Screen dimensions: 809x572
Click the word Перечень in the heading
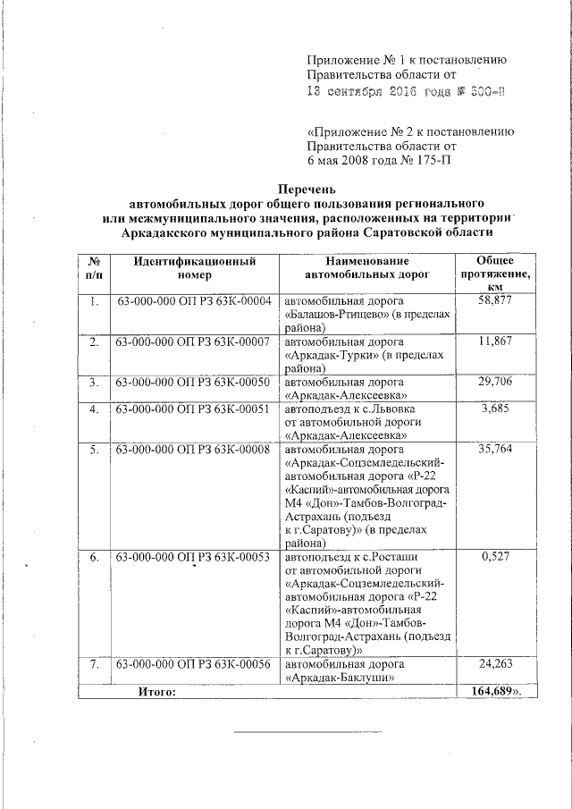click(307, 189)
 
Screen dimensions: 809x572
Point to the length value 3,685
click(495, 409)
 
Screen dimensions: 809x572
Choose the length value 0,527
click(495, 557)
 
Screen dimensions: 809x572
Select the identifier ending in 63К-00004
click(194, 301)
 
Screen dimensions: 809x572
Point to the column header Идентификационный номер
click(194, 268)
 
